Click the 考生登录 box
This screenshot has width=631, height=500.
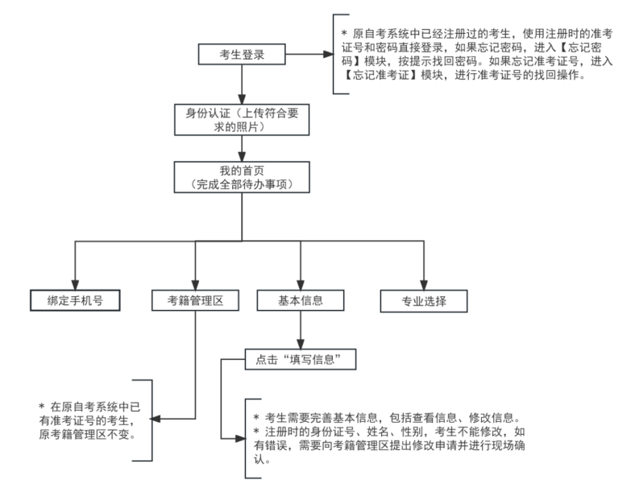coord(243,56)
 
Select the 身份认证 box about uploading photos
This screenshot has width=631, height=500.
coord(243,120)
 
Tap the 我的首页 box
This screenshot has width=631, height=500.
coord(243,177)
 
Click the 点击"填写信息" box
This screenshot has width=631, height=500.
coord(301,359)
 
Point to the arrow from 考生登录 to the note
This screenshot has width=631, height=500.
coord(310,56)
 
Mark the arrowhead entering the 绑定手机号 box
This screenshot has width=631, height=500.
coord(74,284)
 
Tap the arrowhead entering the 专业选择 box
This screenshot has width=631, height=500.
coord(424,284)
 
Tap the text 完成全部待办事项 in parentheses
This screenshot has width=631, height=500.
coord(243,184)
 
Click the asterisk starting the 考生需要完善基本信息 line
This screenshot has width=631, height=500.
coord(255,418)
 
